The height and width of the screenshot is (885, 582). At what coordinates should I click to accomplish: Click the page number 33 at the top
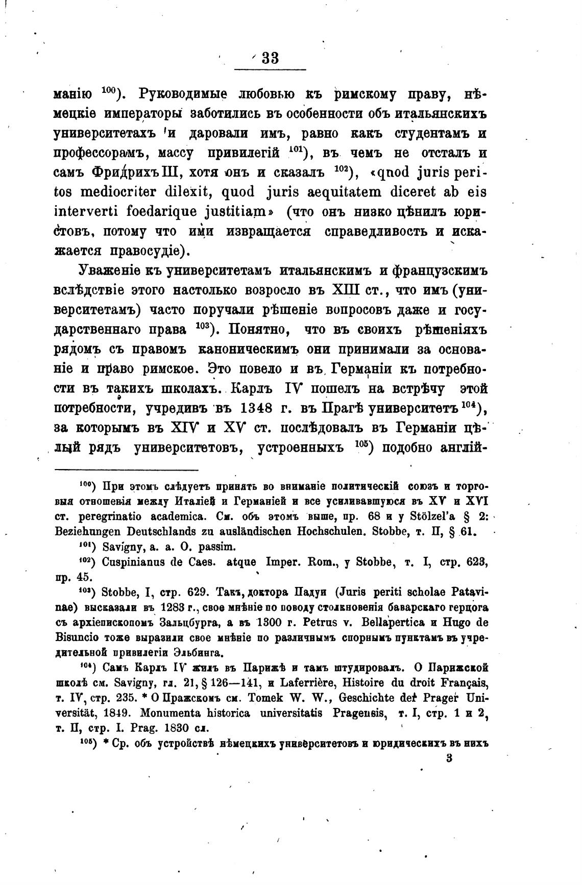(x=270, y=58)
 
